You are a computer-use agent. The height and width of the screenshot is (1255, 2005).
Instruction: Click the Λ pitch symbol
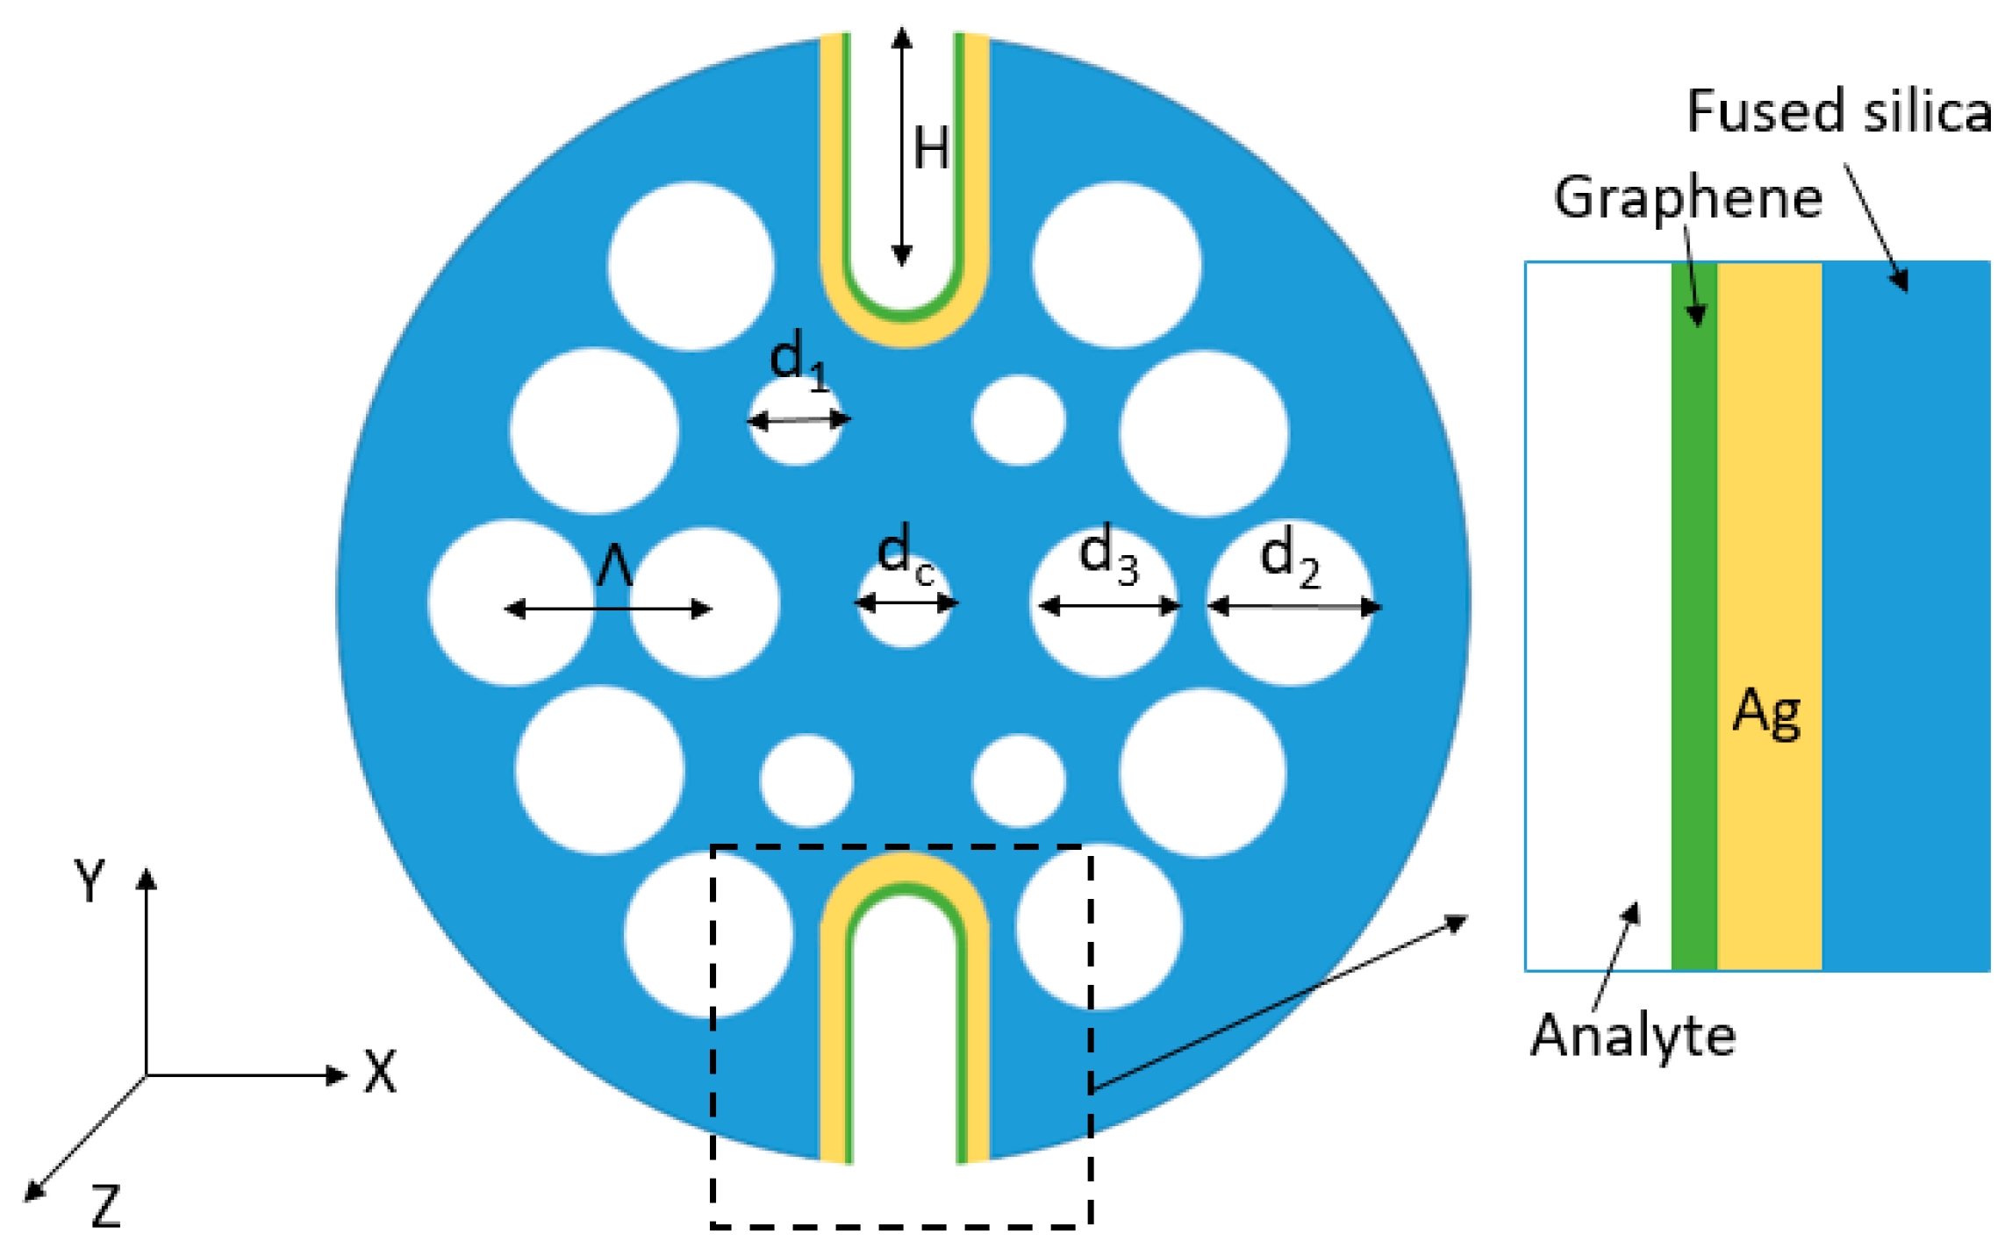point(614,566)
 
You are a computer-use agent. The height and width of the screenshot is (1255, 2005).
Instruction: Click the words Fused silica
point(1839,112)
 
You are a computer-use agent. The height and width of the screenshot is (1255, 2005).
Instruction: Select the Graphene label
point(1687,198)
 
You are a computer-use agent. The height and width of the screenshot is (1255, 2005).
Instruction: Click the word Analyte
point(1633,1035)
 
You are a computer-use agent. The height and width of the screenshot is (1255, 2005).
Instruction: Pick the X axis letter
point(381,1072)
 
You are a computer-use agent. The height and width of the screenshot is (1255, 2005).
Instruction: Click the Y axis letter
point(90,879)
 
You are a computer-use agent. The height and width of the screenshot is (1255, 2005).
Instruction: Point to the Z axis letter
point(106,1207)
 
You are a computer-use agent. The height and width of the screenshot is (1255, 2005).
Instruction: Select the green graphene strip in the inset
point(1694,614)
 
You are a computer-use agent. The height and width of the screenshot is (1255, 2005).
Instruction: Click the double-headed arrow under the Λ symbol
point(608,609)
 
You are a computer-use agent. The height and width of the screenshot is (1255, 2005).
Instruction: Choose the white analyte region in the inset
point(1598,614)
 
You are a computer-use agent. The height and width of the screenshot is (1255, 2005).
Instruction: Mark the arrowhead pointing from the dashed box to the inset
point(1457,921)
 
